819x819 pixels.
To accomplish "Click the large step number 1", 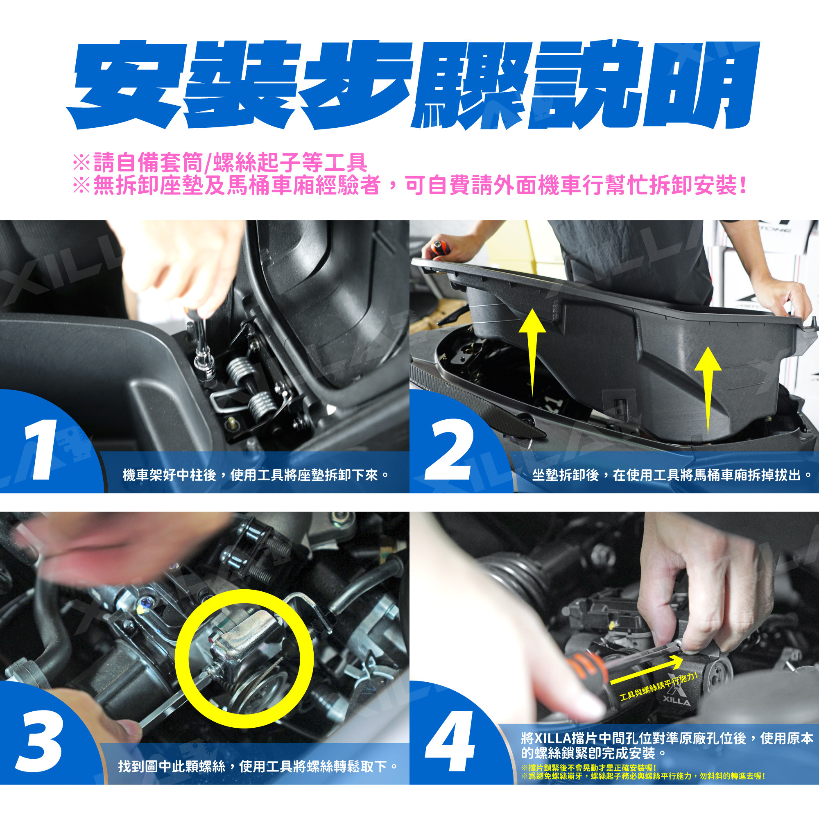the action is point(41,449).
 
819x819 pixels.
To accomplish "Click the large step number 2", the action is point(450,449).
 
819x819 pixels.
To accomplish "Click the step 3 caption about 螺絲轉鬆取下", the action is point(258,767).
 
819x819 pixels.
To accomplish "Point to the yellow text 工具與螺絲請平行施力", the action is point(659,687).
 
